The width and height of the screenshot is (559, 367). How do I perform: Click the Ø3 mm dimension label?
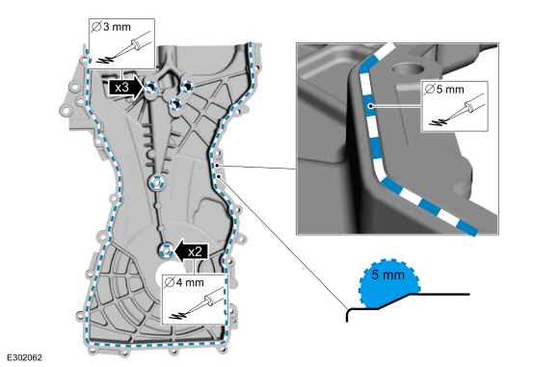(111, 27)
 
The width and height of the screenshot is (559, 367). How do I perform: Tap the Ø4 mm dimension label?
(184, 282)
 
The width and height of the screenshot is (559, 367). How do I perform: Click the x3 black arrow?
(125, 87)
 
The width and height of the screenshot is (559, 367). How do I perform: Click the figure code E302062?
(24, 357)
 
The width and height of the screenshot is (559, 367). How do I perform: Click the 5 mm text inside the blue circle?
(387, 275)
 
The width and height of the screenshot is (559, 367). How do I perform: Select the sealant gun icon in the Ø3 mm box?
(125, 49)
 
